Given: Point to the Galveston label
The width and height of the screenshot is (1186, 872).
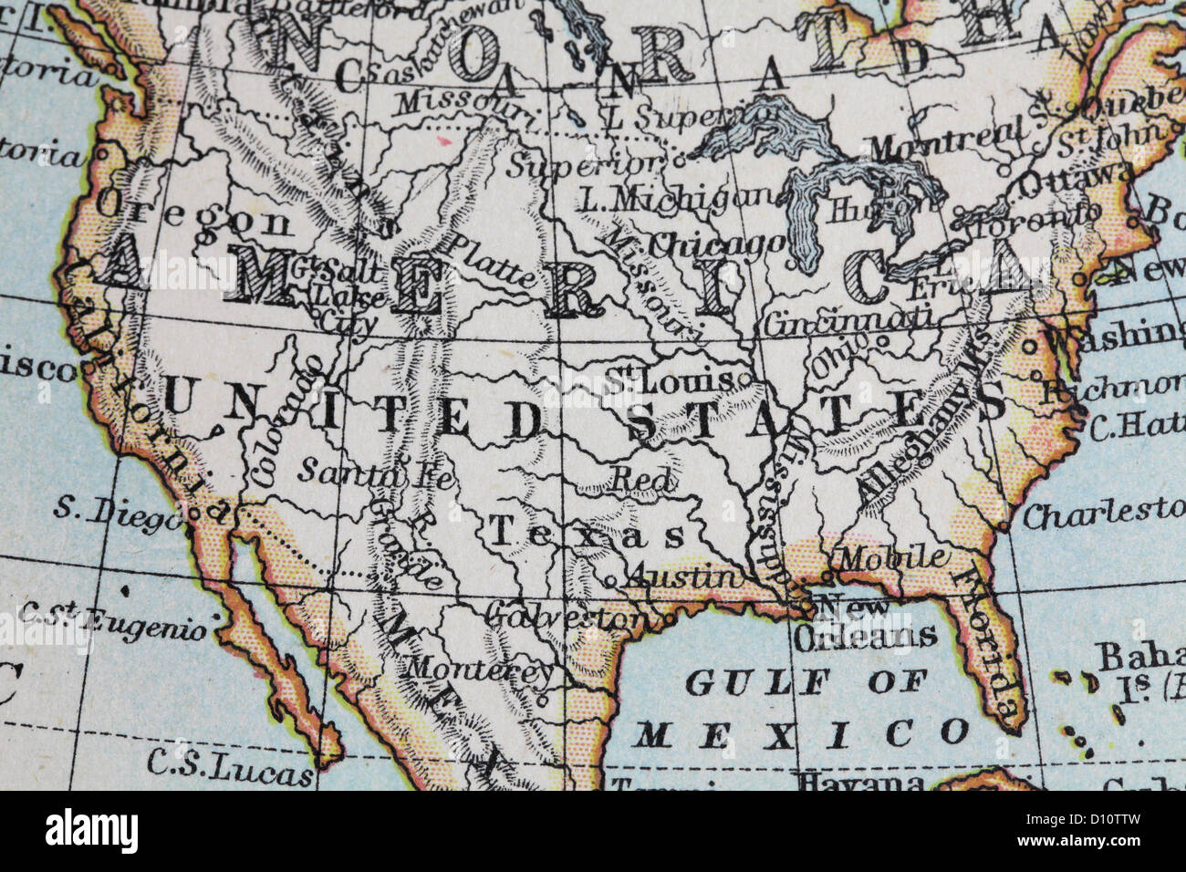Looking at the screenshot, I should coord(563,617).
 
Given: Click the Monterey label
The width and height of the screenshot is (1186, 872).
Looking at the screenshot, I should coord(478,669).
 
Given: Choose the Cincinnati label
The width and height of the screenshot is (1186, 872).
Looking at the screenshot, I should coord(848,320).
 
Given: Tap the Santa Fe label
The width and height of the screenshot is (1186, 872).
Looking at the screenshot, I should coord(376,473).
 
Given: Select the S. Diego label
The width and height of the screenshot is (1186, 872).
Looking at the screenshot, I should coord(118,513).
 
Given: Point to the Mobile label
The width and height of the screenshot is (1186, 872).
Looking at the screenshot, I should coord(891,557).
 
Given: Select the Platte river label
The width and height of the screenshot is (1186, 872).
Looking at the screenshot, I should coord(490,258).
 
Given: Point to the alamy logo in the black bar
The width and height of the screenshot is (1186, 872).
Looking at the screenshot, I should coord(91,830).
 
